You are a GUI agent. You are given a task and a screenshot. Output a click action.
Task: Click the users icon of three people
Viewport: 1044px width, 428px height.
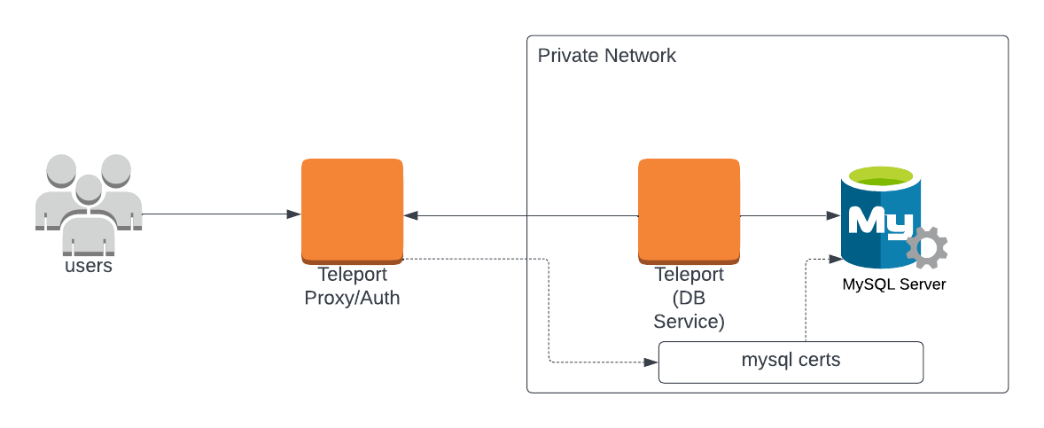coord(89,199)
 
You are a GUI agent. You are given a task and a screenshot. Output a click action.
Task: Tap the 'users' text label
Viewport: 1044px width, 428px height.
coord(89,265)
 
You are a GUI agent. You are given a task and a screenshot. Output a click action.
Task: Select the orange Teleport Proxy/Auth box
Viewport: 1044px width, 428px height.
coord(352,210)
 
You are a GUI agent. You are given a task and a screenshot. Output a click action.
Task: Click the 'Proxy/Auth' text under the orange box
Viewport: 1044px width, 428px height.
coord(352,298)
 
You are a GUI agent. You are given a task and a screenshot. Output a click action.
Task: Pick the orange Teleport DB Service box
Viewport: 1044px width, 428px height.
coord(689,210)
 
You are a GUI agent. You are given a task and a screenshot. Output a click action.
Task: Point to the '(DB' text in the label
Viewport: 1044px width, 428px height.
coord(689,298)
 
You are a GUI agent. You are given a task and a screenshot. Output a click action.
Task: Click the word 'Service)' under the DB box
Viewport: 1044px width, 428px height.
coord(689,321)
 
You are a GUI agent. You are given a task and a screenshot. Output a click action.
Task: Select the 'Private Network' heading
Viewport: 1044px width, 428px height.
coord(607,56)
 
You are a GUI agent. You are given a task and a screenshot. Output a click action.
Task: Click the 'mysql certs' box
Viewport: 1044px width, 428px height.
coord(791,362)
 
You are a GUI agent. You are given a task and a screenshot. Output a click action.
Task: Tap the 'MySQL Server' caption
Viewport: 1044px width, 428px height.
coord(893,284)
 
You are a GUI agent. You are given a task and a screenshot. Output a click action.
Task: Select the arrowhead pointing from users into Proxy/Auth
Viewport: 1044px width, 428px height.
coord(293,214)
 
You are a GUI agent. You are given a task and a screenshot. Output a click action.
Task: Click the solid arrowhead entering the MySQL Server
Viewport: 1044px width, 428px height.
coord(833,215)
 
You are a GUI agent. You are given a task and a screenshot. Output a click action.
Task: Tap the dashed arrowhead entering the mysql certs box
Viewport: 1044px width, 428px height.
coord(651,362)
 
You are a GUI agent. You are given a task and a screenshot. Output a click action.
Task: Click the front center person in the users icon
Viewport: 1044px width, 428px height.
coord(88,213)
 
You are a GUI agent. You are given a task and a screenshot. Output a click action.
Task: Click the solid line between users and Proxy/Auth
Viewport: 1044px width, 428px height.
coord(217,214)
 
